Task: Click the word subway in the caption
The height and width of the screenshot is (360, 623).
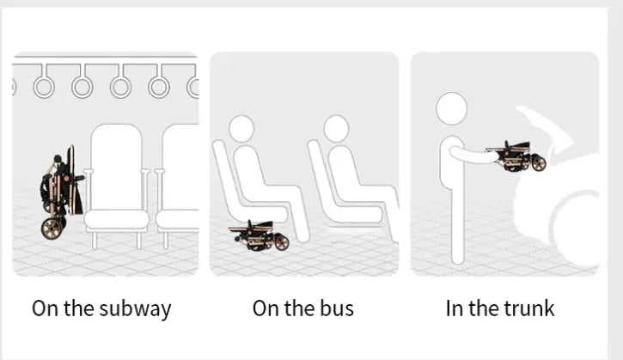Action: [x=135, y=309]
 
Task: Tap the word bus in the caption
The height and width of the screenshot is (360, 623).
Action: [x=337, y=308]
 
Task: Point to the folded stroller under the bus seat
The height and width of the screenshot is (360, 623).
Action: [x=259, y=235]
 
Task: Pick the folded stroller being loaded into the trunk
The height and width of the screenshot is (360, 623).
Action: [x=516, y=157]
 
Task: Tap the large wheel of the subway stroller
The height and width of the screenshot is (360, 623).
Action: [x=52, y=228]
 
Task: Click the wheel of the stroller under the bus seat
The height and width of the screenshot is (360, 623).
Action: [x=281, y=243]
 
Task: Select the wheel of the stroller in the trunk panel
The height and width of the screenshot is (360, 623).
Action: [x=539, y=163]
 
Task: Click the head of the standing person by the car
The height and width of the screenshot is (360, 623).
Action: [x=451, y=108]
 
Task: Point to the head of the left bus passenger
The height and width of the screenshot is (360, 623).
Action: [x=241, y=128]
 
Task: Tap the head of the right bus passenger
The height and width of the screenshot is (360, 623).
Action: [x=336, y=128]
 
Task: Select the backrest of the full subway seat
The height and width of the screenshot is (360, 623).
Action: [x=116, y=167]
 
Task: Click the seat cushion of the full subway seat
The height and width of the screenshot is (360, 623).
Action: [x=116, y=220]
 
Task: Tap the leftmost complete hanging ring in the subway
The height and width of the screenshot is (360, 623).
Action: [x=44, y=87]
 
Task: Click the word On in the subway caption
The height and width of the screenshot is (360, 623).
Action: [x=45, y=308]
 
